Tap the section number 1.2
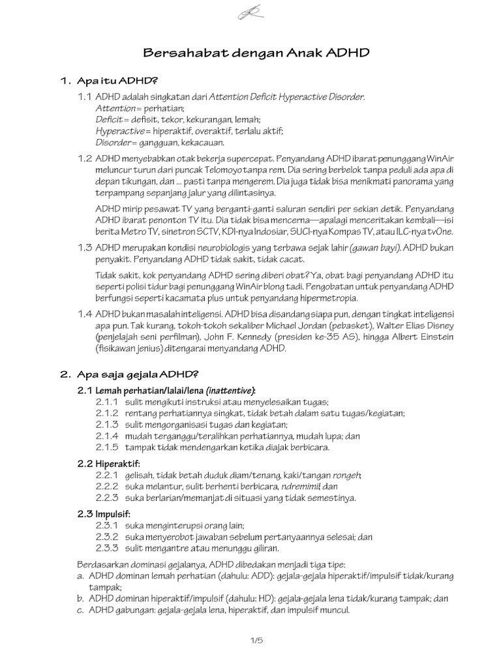click(x=85, y=159)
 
